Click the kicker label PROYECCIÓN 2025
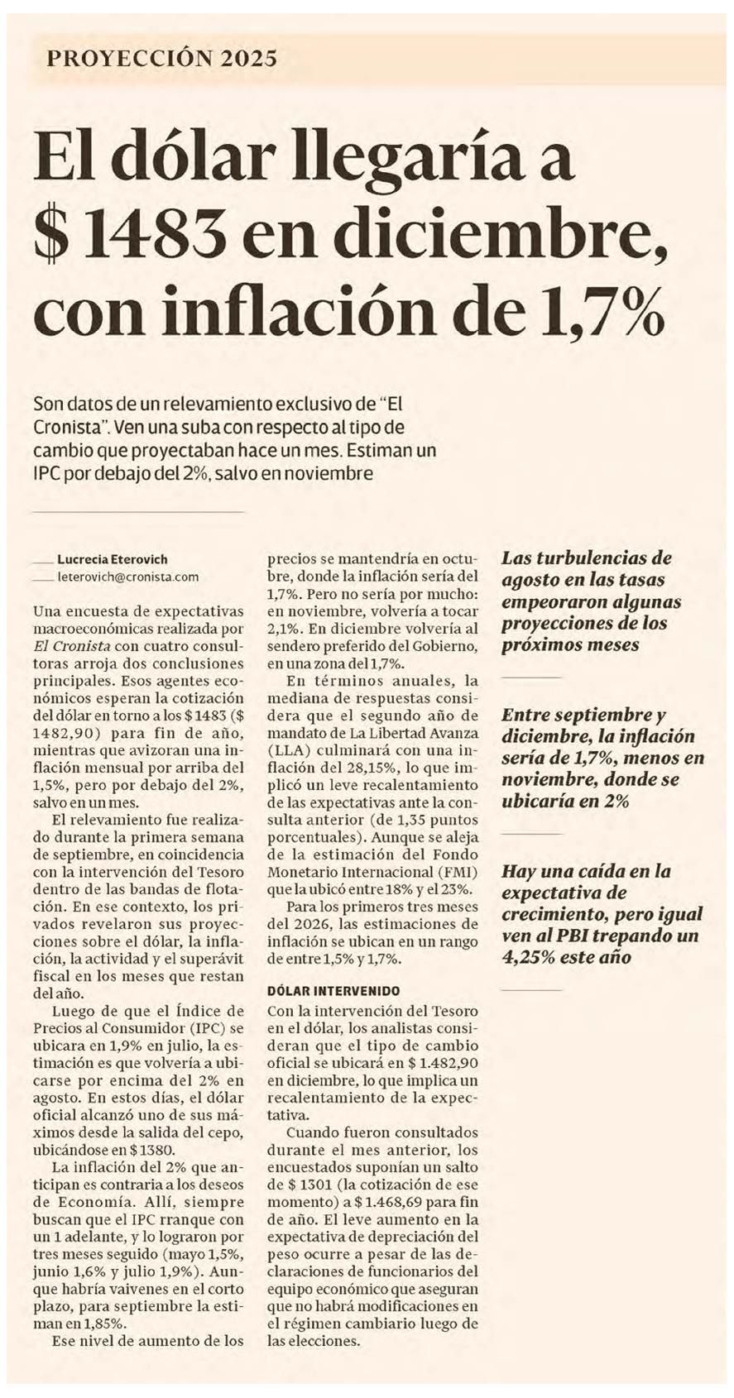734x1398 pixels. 162,58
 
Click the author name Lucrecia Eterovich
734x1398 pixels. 113,559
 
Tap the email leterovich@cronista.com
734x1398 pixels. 128,577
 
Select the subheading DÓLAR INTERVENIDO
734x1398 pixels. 333,991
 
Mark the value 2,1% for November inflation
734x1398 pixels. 285,629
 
